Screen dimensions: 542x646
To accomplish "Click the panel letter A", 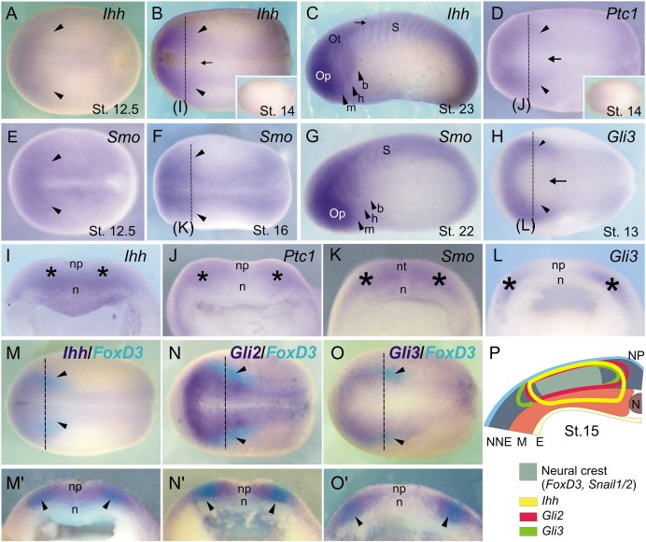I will tap(14, 14).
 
